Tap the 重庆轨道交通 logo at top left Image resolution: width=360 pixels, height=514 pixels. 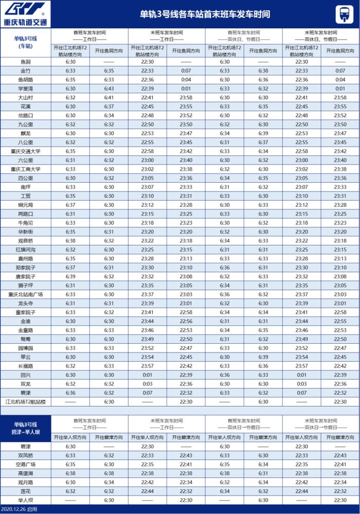(25, 14)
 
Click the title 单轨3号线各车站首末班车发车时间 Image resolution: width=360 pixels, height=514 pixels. (205, 14)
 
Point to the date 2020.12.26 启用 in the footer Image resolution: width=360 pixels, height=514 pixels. (19, 509)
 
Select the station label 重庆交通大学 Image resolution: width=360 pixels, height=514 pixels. (25, 151)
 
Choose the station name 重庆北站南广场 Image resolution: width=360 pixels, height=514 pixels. (25, 294)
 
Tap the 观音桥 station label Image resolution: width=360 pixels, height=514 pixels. (25, 241)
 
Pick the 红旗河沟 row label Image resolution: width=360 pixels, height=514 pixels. (25, 250)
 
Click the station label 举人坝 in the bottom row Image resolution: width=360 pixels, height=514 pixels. (25, 500)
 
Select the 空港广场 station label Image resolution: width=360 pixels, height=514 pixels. (25, 464)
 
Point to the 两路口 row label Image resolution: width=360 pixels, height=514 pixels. (25, 214)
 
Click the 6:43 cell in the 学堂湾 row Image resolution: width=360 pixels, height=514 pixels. (109, 88)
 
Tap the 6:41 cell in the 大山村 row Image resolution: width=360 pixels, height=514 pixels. (109, 97)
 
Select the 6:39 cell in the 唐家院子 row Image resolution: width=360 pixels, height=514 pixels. (70, 276)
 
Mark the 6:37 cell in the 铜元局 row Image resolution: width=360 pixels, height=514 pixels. (70, 205)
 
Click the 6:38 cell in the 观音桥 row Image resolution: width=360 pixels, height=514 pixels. (70, 241)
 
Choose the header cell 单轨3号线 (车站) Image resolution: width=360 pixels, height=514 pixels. (25, 42)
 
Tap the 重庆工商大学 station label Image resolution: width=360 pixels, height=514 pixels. (25, 169)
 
